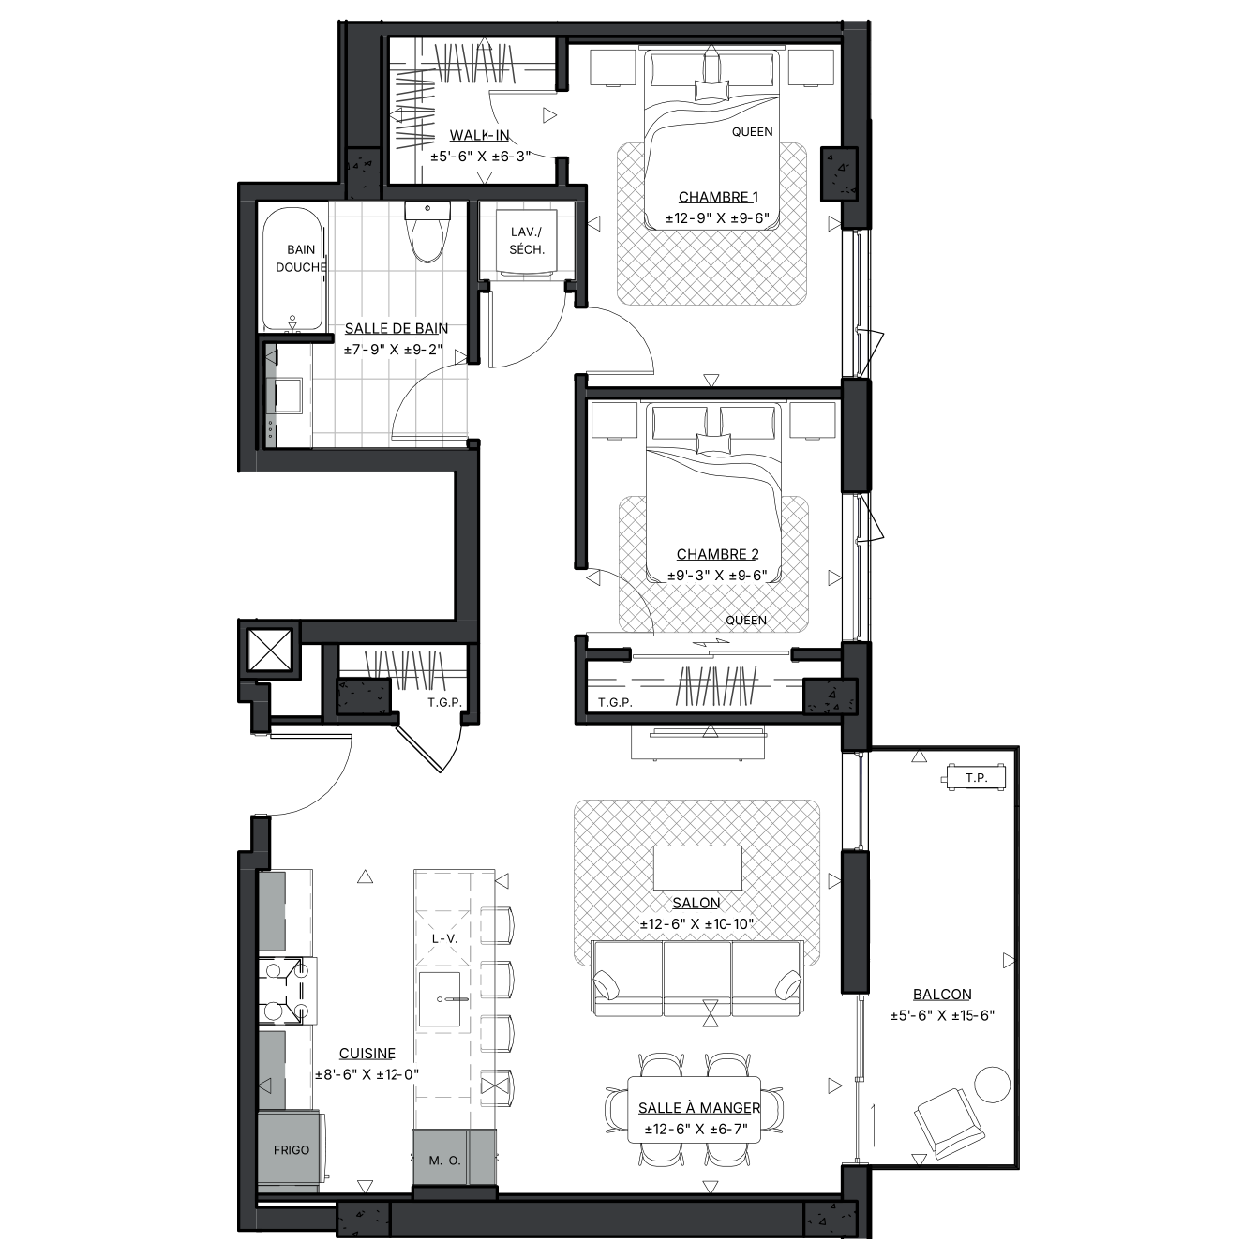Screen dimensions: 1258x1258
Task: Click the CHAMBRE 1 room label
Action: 718,197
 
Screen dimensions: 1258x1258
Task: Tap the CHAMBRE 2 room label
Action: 717,554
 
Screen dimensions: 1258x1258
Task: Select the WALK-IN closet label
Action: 479,135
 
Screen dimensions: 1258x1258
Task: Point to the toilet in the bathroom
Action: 427,232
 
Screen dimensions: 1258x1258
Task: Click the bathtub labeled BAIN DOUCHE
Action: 292,269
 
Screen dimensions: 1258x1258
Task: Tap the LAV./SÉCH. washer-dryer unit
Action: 526,241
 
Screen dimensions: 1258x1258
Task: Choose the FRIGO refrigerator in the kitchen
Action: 292,1149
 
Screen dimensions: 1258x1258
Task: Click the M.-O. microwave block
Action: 444,1161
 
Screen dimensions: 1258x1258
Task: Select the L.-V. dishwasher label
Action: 444,938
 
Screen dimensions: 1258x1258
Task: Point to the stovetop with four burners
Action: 287,990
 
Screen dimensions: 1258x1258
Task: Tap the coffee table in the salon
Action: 697,867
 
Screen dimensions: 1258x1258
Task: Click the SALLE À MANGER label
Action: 699,1108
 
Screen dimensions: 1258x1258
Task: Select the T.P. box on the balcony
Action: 976,777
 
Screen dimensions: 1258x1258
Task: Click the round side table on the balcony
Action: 993,1085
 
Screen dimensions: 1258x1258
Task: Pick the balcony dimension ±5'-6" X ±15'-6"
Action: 942,1015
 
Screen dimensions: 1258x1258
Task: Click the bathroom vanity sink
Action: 288,395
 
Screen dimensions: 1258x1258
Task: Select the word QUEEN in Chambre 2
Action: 746,621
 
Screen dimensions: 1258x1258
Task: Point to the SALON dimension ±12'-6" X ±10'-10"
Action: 696,923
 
